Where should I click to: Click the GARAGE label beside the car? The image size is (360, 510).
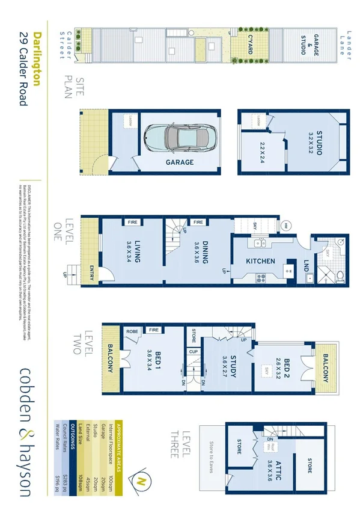[x=180, y=162]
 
